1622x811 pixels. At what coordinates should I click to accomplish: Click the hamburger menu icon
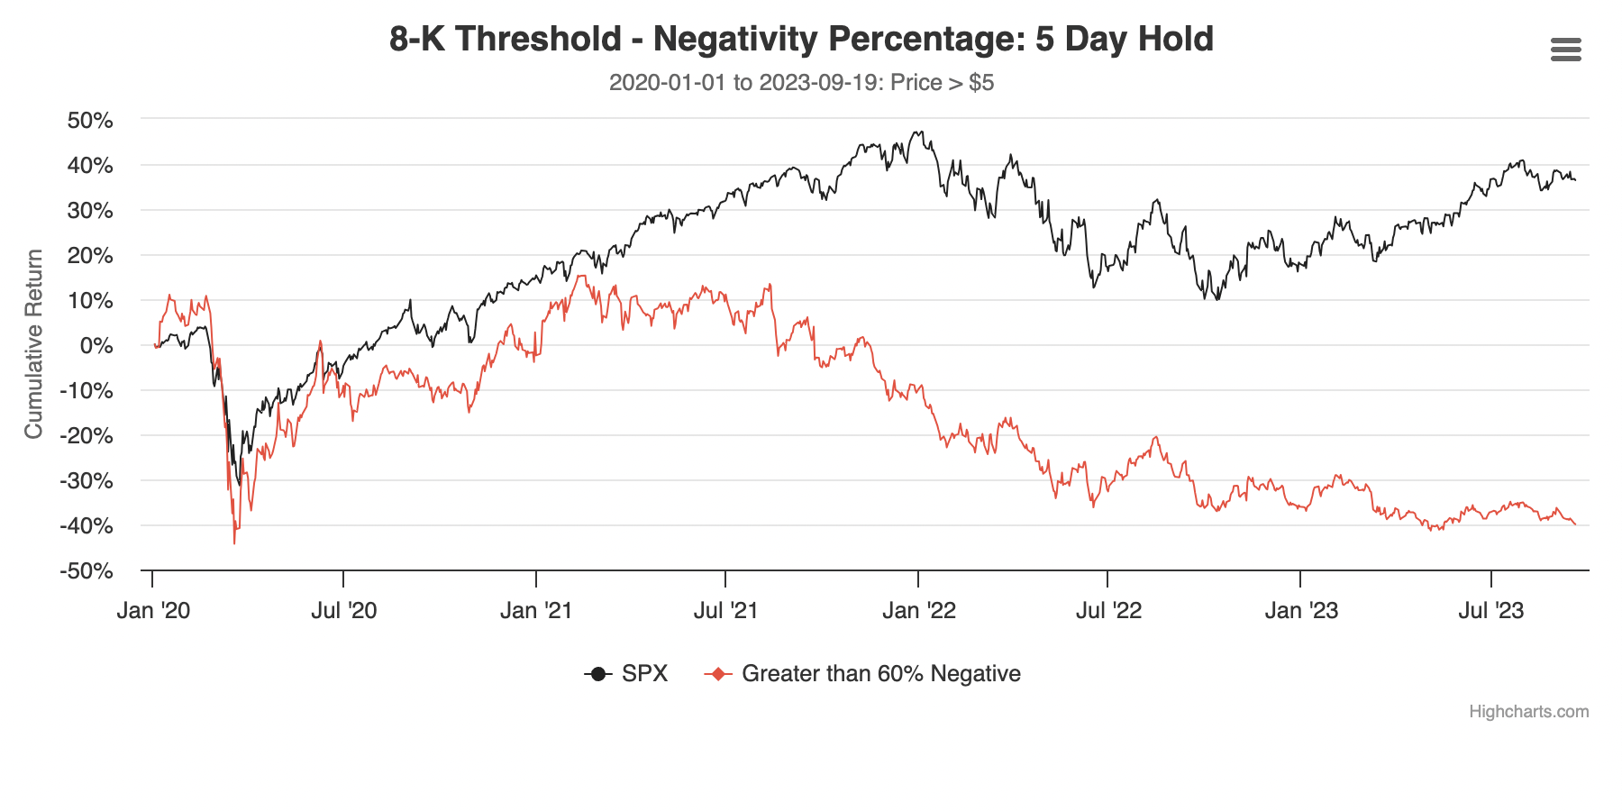pyautogui.click(x=1565, y=50)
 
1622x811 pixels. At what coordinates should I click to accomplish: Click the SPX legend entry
pyautogui.click(x=644, y=674)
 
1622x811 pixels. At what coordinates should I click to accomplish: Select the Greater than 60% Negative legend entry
pyautogui.click(x=880, y=674)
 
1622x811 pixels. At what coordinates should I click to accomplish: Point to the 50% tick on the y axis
pyautogui.click(x=90, y=121)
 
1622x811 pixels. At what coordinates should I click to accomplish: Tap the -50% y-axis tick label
pyautogui.click(x=87, y=571)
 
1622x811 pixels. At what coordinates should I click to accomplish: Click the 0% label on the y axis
pyautogui.click(x=96, y=346)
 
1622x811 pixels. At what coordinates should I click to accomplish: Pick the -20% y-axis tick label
pyautogui.click(x=87, y=436)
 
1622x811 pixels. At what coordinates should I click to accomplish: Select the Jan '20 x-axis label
pyautogui.click(x=153, y=611)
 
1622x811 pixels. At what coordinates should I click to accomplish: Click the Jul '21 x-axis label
pyautogui.click(x=725, y=611)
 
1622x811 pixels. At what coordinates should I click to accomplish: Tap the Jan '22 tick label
pyautogui.click(x=919, y=611)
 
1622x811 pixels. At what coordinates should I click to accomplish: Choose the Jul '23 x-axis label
pyautogui.click(x=1491, y=611)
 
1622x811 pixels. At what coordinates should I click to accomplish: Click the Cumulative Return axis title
pyautogui.click(x=34, y=344)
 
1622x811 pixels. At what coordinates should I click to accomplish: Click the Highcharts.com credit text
pyautogui.click(x=1528, y=712)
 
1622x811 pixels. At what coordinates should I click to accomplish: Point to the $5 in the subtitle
pyautogui.click(x=981, y=83)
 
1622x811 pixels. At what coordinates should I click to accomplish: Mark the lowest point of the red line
pyautogui.click(x=234, y=543)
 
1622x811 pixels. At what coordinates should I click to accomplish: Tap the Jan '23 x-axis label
pyautogui.click(x=1301, y=611)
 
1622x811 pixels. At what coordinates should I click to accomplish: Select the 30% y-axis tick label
pyautogui.click(x=90, y=211)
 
